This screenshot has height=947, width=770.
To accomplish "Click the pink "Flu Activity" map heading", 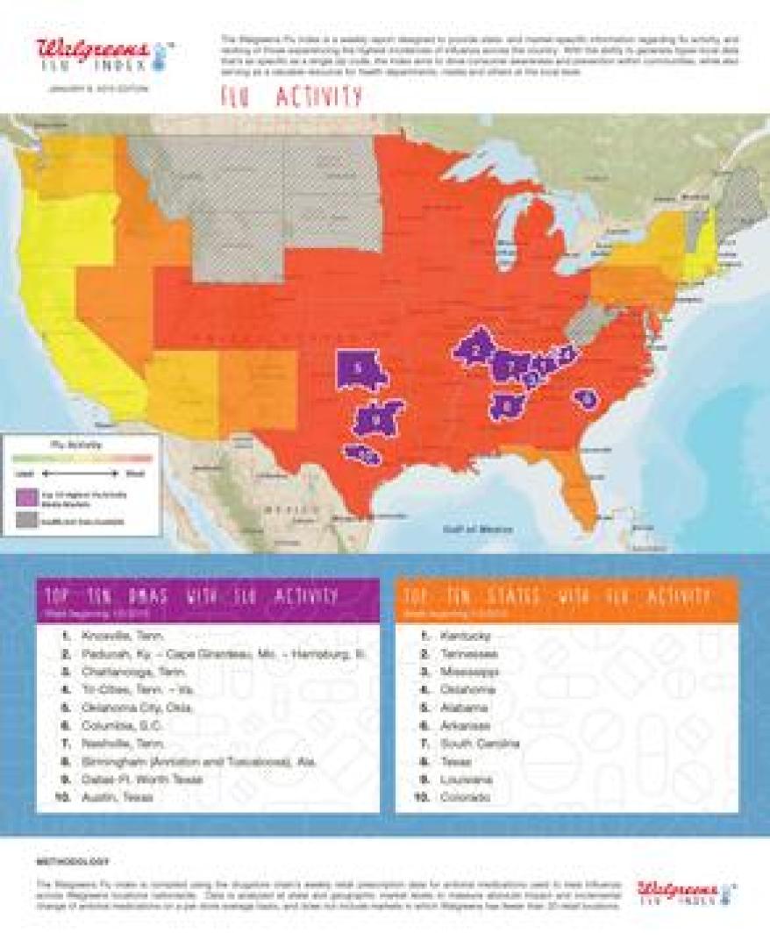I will coord(291,97).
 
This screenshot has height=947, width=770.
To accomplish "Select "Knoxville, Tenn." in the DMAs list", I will coord(122,634).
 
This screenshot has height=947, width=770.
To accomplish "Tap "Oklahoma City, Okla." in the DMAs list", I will coord(137,707).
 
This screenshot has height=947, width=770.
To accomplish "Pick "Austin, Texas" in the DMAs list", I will coord(118,797).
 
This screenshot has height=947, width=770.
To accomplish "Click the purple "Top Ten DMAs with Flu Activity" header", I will coord(208,600).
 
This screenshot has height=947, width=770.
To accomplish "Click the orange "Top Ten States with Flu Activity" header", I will coord(567,600).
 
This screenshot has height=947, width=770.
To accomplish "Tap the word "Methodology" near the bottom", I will coord(74,862).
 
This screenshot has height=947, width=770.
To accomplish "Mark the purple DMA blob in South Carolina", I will coord(585,399).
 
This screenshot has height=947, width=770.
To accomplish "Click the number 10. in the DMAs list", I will coord(61,797).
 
